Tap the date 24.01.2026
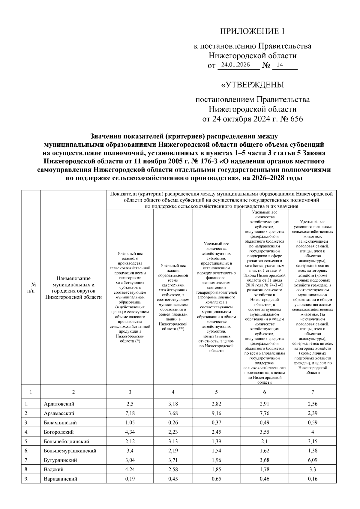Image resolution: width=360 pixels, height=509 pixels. [235, 65]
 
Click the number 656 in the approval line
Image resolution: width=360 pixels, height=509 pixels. [295, 119]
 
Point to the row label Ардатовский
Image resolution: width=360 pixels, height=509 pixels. [59, 404]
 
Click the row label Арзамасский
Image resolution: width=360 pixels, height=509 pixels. [59, 413]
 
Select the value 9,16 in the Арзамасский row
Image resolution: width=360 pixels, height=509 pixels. [216, 413]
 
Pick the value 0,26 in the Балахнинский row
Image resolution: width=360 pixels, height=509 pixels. [173, 423]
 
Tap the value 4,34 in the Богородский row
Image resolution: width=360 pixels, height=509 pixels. [130, 432]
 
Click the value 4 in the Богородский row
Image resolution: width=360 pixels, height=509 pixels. [313, 432]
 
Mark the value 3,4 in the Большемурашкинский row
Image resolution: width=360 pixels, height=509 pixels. [130, 451]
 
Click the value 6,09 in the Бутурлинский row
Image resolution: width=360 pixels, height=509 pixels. [313, 460]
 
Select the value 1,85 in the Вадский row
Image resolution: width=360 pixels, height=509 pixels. [216, 469]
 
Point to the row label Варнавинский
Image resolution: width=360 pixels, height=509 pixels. [60, 479]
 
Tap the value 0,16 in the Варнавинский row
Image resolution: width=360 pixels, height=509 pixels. [313, 479]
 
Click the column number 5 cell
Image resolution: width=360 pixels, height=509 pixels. [216, 392]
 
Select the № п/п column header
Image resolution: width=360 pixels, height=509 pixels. [31, 287]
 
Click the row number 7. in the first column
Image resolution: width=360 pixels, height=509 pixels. [27, 460]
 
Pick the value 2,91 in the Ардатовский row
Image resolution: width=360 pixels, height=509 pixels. [264, 404]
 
